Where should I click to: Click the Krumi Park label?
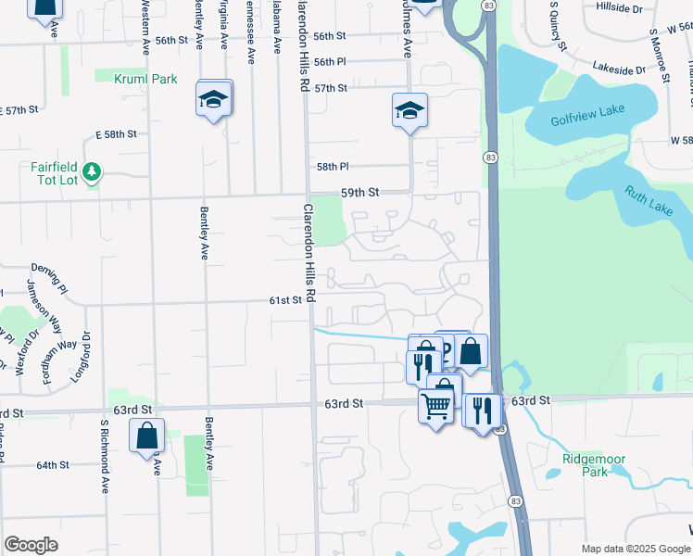coord(145,80)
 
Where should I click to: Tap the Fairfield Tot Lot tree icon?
coord(91,171)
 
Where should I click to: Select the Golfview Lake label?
coord(587,115)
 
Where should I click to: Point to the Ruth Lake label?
coord(648,200)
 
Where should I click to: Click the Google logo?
coord(31,545)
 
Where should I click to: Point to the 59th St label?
coord(360,192)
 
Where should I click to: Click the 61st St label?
coord(285,300)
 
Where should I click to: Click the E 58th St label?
coord(117,134)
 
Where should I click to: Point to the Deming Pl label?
coord(49,275)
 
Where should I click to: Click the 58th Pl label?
coord(333,167)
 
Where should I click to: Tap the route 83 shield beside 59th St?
coord(489,159)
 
